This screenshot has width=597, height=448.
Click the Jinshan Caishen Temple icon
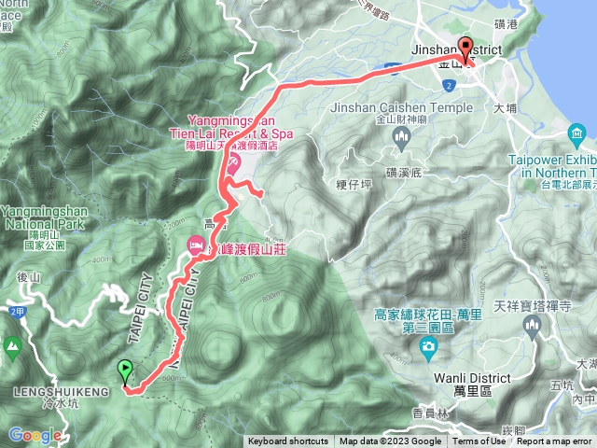pyautogui.click(x=404, y=139)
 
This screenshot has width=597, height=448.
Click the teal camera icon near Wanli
pyautogui.click(x=428, y=350)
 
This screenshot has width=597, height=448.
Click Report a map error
pyautogui.click(x=556, y=441)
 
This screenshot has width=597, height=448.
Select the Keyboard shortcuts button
pyautogui.click(x=288, y=441)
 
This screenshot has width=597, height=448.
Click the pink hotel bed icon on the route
pyautogui.click(x=196, y=247)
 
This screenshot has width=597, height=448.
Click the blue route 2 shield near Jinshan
pyautogui.click(x=450, y=86)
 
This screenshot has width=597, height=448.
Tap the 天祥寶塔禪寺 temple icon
pyautogui.click(x=533, y=326)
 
